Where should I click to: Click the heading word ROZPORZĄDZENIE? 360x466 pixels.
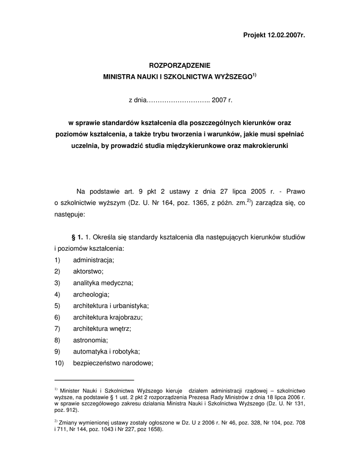pos(180,66)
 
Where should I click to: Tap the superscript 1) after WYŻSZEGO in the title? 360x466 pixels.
pos(255,75)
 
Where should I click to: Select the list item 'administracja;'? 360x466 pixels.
pos(93,260)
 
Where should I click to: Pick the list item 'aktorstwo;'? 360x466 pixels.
pos(88,271)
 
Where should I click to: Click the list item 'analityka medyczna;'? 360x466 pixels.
pos(103,283)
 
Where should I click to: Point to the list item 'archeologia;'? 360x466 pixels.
pos(91,294)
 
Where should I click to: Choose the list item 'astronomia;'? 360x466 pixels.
pos(91,340)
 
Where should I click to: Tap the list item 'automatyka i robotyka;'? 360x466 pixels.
pos(106,351)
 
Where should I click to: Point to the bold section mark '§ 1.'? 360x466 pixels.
pos(76,237)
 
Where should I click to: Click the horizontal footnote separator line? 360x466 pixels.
pos(94,379)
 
